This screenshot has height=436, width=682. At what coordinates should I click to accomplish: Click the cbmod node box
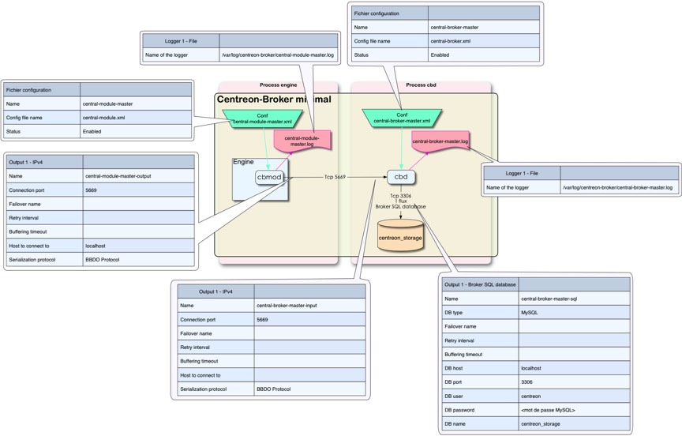coord(269,178)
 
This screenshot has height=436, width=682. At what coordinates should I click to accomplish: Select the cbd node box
coord(401,177)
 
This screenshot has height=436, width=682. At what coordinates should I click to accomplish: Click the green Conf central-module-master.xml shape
coord(262,118)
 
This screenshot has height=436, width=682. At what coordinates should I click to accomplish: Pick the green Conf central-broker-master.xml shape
coord(402,118)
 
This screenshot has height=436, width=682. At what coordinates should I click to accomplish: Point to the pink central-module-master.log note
coord(302,141)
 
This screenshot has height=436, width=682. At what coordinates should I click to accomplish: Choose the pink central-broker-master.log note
coord(440,142)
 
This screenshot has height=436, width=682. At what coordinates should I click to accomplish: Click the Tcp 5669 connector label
coord(335,177)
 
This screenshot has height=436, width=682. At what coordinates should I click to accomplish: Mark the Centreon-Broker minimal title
coord(273,100)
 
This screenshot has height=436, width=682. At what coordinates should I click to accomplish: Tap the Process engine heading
coord(279,85)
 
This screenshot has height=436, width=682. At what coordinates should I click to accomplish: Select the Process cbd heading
coord(421,85)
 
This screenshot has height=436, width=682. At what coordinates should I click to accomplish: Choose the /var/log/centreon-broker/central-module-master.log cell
coord(278,55)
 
